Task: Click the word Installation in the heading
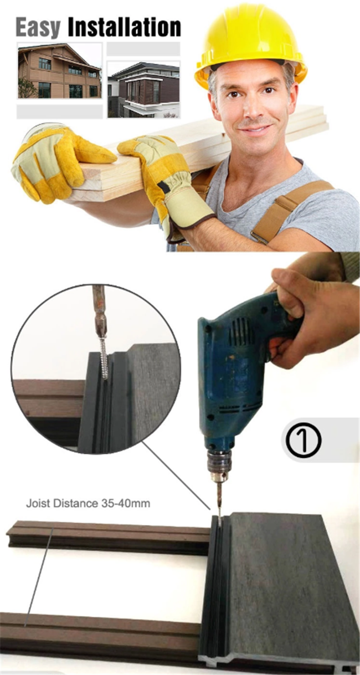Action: coord(124,27)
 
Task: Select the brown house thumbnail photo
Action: coord(59,71)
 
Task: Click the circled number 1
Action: coord(304,439)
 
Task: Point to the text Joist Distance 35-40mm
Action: coord(88,504)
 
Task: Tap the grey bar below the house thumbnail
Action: coord(59,111)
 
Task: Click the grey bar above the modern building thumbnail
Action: coord(143,49)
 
